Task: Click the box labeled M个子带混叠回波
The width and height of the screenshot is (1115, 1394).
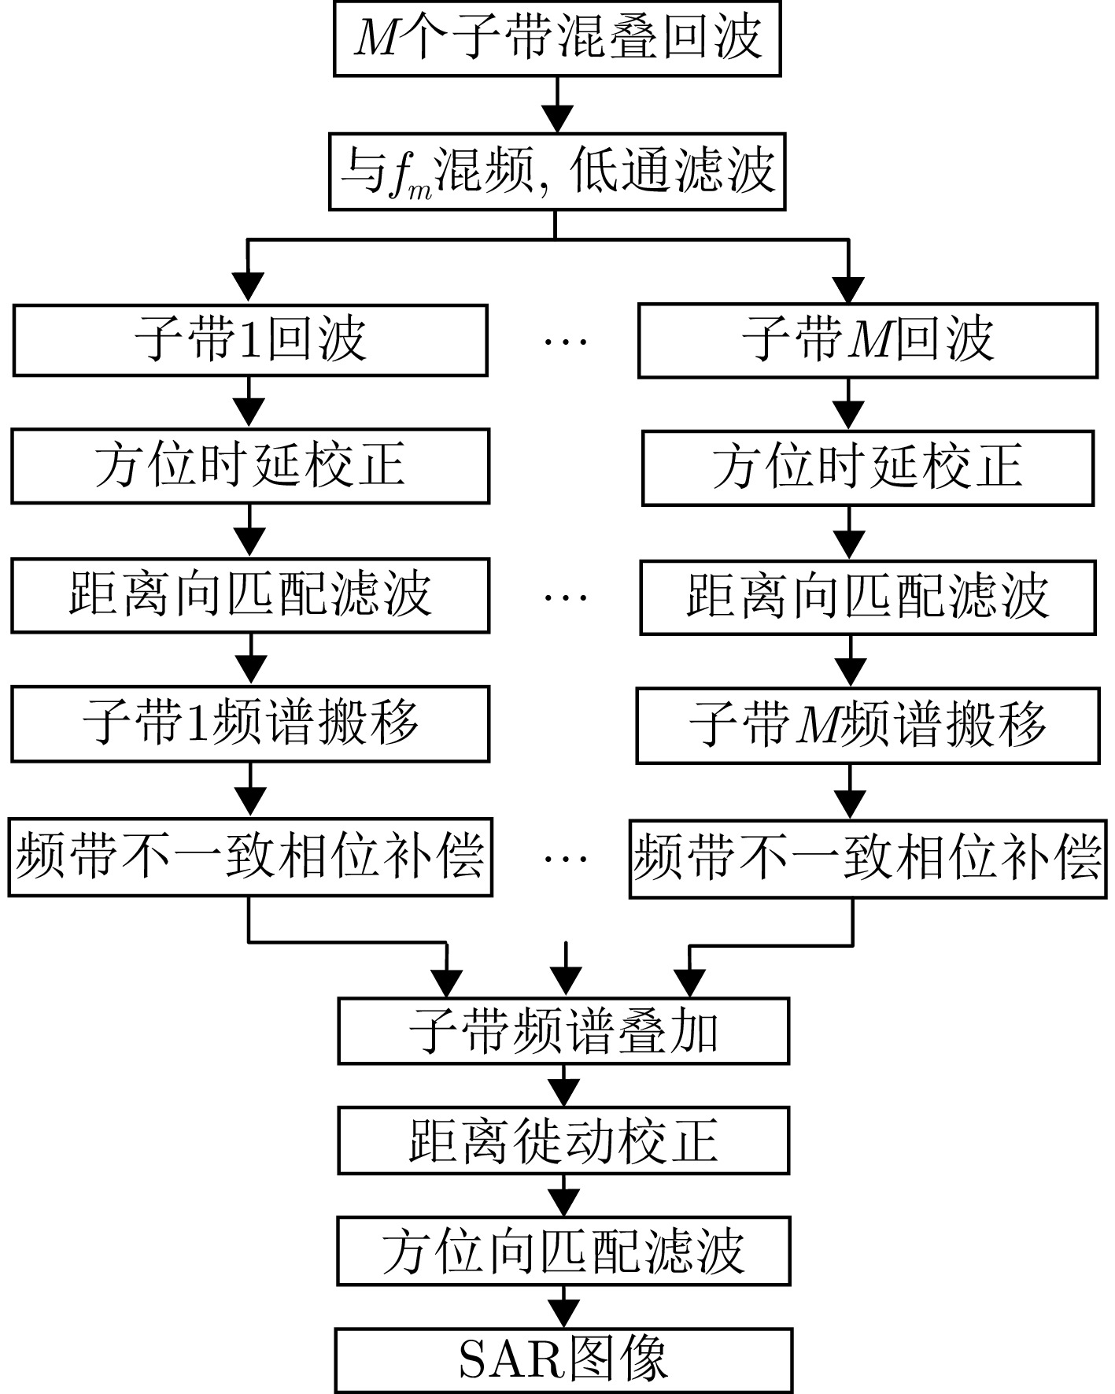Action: tap(557, 38)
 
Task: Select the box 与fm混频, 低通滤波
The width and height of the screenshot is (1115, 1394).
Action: tap(557, 172)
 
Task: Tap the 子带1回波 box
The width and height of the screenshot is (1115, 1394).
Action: tap(249, 340)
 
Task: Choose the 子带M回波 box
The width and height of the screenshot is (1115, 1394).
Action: tap(867, 341)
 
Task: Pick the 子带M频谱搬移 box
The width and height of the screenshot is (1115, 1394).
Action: tap(867, 725)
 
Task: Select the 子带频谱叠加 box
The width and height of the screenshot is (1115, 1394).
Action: tap(563, 1031)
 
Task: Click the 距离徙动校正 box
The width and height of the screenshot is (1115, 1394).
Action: tap(563, 1141)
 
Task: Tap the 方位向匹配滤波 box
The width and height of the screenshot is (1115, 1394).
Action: tap(563, 1251)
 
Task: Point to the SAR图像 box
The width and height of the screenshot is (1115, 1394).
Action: tap(563, 1359)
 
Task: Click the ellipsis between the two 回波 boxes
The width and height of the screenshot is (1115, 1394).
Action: tap(566, 342)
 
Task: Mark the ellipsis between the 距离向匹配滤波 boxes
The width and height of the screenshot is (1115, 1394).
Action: tap(566, 597)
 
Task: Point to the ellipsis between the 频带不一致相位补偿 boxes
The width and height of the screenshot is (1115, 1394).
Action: tap(566, 859)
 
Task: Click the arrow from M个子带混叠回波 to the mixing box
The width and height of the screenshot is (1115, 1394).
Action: tap(557, 106)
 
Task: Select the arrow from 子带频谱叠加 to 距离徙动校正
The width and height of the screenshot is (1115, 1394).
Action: tap(563, 1087)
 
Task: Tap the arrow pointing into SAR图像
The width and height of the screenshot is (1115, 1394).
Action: tap(563, 1307)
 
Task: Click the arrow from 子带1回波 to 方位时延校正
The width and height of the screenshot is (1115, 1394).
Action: tap(249, 403)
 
